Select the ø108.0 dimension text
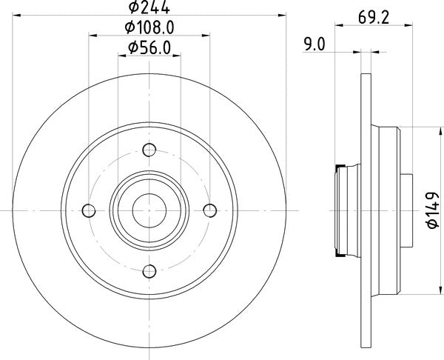[x=150, y=28]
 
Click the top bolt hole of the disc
[x=149, y=150]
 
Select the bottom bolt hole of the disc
[x=149, y=270]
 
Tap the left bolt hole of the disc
[x=90, y=210]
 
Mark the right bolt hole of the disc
[x=209, y=210]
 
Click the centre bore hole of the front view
[x=149, y=210]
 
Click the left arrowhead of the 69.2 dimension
[x=339, y=26]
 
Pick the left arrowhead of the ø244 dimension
[x=17, y=15]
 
